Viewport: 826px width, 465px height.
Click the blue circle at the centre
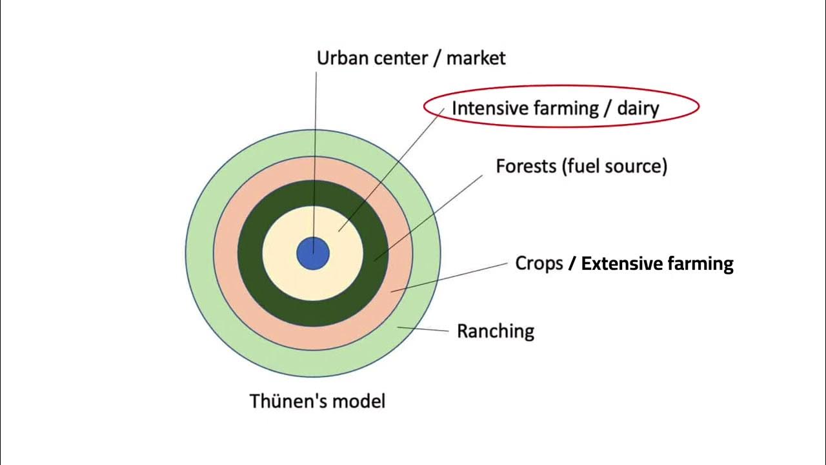tap(313, 253)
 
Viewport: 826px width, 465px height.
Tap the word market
tap(476, 58)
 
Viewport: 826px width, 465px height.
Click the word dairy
tap(638, 108)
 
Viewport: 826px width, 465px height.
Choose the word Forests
tap(525, 166)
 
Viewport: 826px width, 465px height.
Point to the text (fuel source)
tap(614, 166)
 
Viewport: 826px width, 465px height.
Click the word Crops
tap(539, 263)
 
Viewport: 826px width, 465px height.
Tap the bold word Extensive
tap(620, 263)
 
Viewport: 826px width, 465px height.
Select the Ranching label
tap(496, 331)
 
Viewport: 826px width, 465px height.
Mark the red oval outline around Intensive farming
tap(561, 87)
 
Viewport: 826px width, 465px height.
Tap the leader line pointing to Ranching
tap(423, 329)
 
